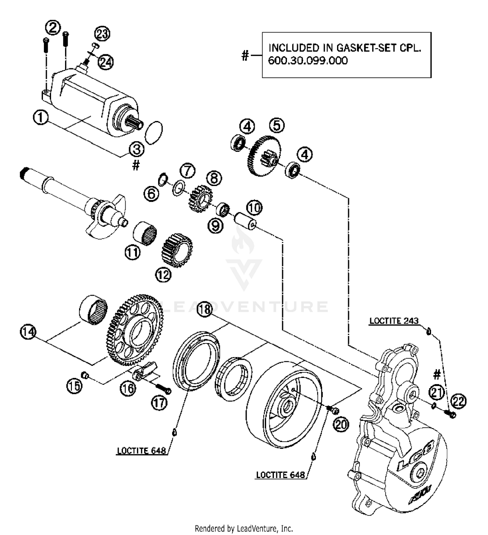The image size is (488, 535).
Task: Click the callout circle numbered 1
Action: [x=41, y=117]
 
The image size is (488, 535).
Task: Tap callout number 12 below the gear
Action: [x=163, y=275]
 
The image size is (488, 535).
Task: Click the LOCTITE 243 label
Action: [x=394, y=321]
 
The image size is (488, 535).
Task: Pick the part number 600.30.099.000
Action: [x=308, y=61]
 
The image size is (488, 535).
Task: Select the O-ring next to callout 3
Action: [x=153, y=132]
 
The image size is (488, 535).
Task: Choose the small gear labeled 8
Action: [x=200, y=197]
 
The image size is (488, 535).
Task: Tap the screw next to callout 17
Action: [x=164, y=389]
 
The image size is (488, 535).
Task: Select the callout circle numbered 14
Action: [x=28, y=332]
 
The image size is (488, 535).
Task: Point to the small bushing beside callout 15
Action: [x=86, y=376]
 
